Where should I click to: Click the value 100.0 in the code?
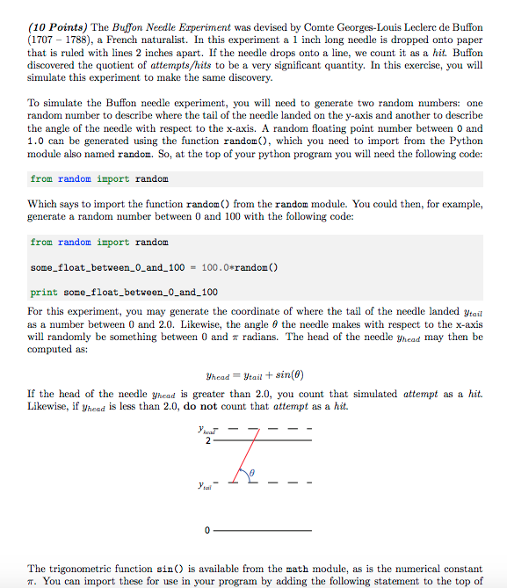tap(217, 266)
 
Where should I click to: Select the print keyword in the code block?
tap(44, 292)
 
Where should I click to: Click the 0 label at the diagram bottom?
tap(208, 532)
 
